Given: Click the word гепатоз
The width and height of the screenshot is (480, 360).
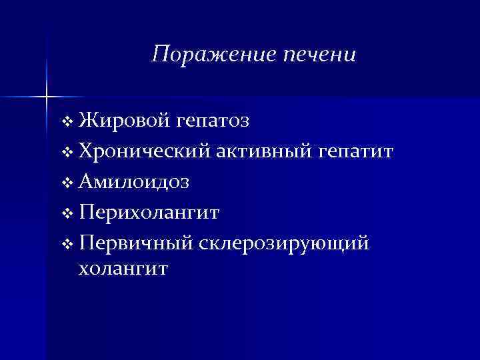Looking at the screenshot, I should tap(213, 123).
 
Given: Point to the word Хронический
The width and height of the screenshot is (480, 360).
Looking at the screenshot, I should tap(144, 153).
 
